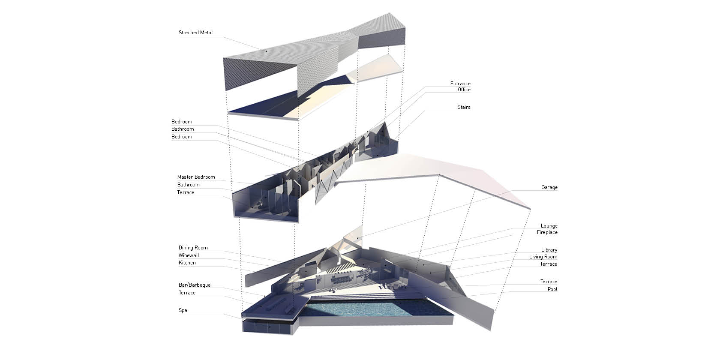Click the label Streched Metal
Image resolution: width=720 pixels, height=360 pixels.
tap(195, 33)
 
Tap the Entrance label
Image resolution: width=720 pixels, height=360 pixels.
tap(460, 84)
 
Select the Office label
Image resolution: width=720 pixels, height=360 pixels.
tap(464, 90)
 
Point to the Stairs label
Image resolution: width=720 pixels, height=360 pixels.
tap(463, 107)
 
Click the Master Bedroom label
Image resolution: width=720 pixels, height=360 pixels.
tap(196, 177)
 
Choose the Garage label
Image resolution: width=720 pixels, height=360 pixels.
tap(549, 187)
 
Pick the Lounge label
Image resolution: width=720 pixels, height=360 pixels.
tap(549, 226)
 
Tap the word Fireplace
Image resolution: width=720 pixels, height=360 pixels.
tap(547, 232)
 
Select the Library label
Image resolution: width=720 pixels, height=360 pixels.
tap(549, 250)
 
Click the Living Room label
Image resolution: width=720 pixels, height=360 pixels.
tap(543, 257)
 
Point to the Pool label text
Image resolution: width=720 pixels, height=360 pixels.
tap(552, 289)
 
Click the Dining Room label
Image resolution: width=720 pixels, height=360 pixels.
tap(193, 248)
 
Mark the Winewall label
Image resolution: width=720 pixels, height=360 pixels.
tap(189, 255)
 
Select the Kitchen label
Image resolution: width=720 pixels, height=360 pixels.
tap(187, 263)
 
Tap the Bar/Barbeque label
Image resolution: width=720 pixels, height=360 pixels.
tap(194, 285)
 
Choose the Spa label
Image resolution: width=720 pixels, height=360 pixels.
tap(183, 310)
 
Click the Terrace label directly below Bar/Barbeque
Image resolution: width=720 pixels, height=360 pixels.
tap(187, 293)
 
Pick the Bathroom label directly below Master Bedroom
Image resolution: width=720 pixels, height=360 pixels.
tap(188, 185)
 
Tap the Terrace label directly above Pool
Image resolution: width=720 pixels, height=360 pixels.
tap(548, 282)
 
